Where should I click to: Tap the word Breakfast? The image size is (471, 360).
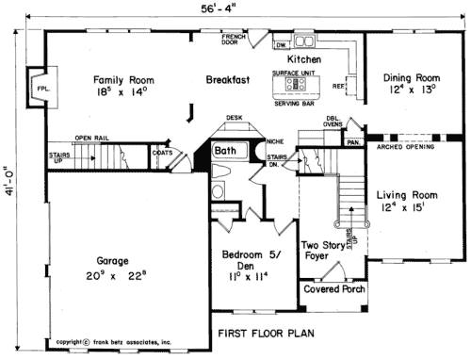tap(228, 81)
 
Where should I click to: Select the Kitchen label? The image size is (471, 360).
tap(304, 60)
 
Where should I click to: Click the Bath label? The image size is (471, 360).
tap(224, 151)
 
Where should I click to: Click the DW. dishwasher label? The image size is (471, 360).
tap(281, 44)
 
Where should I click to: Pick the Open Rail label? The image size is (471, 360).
tap(92, 138)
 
